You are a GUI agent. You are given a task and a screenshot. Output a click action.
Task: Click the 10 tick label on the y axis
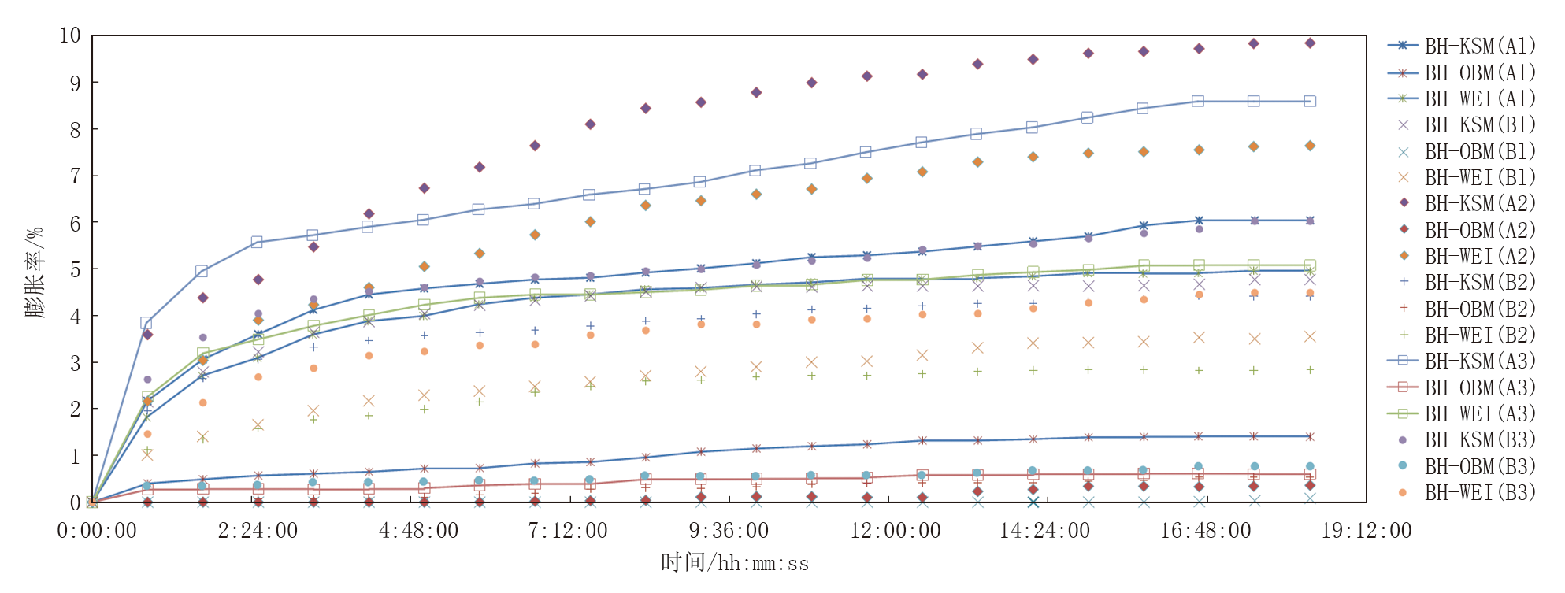click(70, 35)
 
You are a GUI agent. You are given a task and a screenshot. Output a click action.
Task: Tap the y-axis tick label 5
click(76, 269)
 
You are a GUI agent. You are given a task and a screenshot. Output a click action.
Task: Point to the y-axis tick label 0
click(76, 502)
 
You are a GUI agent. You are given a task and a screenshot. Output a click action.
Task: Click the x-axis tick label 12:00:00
click(896, 531)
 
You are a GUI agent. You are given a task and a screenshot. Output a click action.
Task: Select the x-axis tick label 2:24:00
click(258, 531)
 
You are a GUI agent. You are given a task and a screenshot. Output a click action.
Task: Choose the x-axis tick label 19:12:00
click(1367, 531)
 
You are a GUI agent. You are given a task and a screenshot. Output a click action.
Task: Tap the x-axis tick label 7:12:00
click(568, 531)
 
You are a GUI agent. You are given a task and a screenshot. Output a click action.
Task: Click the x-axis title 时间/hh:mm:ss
click(735, 563)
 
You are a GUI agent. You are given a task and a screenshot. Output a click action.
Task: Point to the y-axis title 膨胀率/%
click(35, 271)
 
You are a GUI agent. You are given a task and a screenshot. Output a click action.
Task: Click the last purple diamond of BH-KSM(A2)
click(1310, 43)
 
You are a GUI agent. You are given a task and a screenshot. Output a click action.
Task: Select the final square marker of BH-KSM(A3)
click(1310, 101)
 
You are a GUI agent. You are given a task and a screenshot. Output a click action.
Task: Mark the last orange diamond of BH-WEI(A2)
click(1310, 146)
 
